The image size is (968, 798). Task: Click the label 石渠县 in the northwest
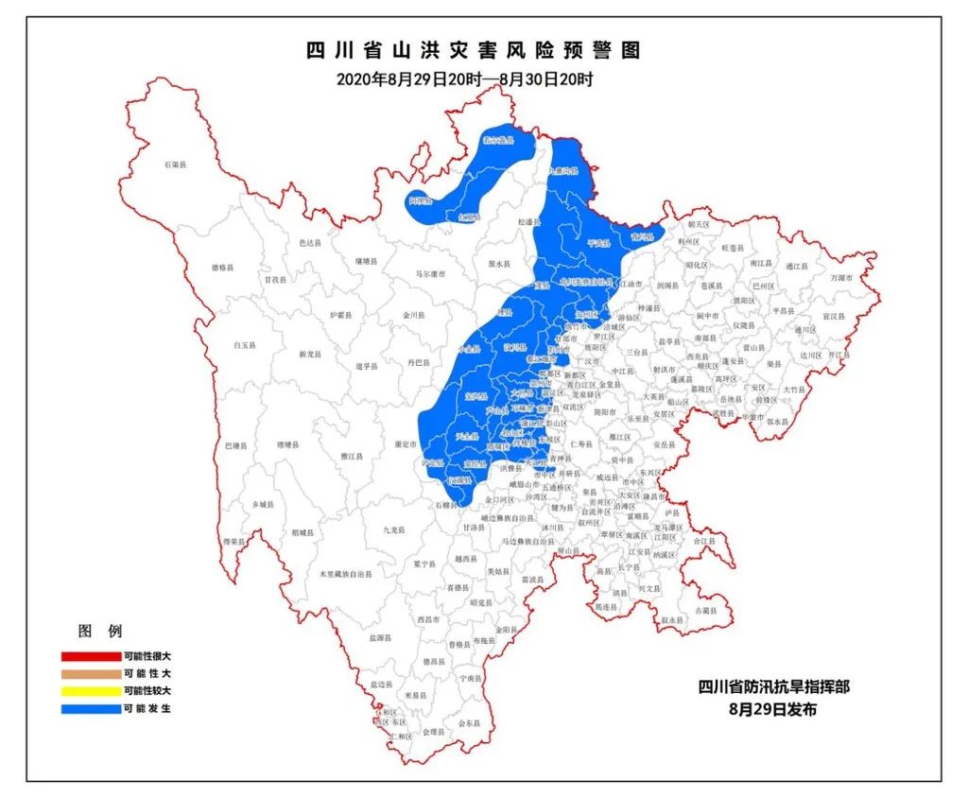(176, 165)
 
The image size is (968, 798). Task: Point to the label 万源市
(841, 278)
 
